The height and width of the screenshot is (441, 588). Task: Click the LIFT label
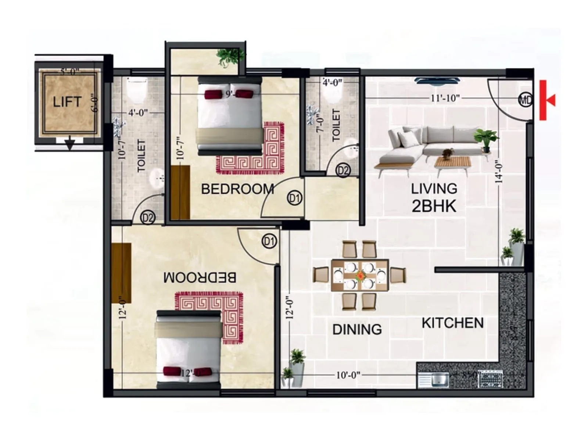pos(67,102)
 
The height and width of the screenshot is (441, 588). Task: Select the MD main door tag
pos(525,100)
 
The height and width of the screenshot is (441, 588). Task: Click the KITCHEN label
pos(452,323)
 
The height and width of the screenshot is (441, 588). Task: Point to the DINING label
pos(357,329)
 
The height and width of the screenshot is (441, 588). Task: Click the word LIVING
pos(434,189)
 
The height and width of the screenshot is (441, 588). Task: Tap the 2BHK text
pos(434,206)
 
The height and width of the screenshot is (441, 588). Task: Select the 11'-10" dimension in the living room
pos(445,98)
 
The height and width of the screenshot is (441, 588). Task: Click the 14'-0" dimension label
pos(498,171)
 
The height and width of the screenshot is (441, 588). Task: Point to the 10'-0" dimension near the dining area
pos(348,375)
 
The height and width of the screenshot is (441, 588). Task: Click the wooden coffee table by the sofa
pos(452,162)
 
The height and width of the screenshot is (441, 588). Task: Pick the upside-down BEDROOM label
pos(200,277)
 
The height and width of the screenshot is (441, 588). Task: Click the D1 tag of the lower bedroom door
pos(269,241)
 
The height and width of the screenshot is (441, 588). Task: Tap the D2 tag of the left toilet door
pos(148,218)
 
